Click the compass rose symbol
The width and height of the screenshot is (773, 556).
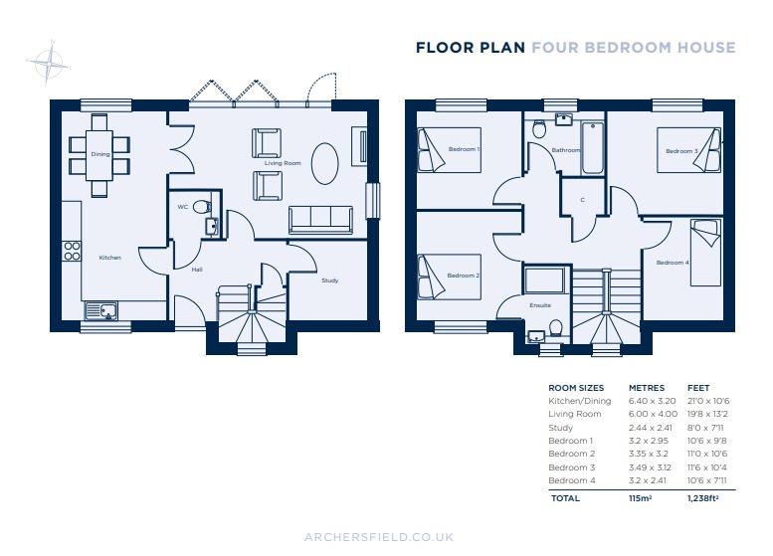pyautogui.click(x=46, y=64)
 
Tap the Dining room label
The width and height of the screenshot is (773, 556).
pyautogui.click(x=99, y=154)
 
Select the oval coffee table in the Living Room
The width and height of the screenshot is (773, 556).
pyautogui.click(x=324, y=163)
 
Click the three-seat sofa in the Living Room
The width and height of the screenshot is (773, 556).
pyautogui.click(x=320, y=220)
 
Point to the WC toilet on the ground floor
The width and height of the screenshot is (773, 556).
pyautogui.click(x=202, y=207)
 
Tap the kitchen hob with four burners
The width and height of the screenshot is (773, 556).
pyautogui.click(x=72, y=250)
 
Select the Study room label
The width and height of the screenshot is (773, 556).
pyautogui.click(x=329, y=280)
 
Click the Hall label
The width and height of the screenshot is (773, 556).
pyautogui.click(x=196, y=268)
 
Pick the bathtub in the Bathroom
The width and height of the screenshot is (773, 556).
pyautogui.click(x=592, y=148)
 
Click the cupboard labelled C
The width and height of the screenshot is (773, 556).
pyautogui.click(x=582, y=199)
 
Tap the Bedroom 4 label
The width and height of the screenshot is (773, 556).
pyautogui.click(x=672, y=263)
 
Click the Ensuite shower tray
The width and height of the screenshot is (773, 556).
pyautogui.click(x=544, y=279)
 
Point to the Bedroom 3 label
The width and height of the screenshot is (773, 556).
pyautogui.click(x=681, y=151)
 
